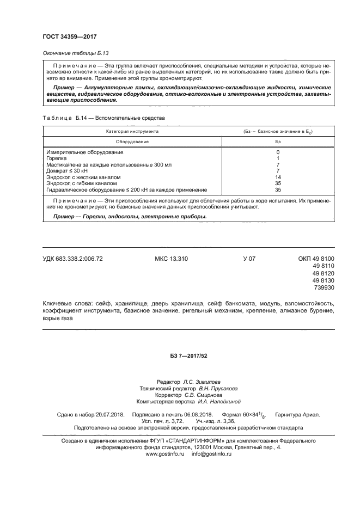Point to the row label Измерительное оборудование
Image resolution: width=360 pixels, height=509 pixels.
point(84,152)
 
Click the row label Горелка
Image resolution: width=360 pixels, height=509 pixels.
point(56,158)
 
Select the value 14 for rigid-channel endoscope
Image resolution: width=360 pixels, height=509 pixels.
point(278,177)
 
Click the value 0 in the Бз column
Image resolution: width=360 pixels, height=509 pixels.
point(278,152)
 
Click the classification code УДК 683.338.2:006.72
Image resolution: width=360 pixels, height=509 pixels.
point(72,259)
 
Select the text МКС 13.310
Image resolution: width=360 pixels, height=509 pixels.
point(171,259)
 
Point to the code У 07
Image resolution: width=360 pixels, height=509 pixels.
point(249,259)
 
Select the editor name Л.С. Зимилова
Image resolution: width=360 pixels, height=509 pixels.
point(202,382)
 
